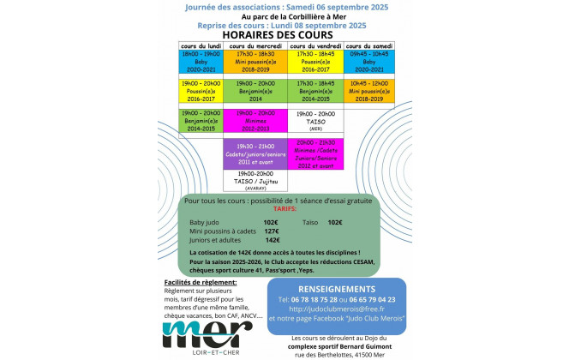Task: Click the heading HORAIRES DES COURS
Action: coord(284,34)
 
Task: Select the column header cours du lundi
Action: coord(200,45)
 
